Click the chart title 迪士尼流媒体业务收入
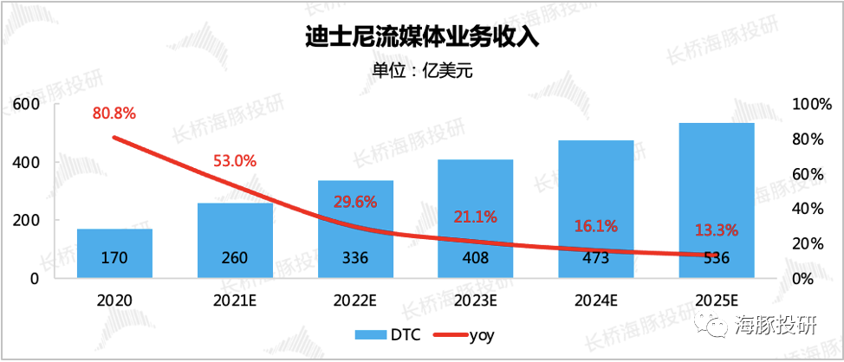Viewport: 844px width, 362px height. (x=422, y=38)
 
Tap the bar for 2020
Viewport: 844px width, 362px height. (x=114, y=253)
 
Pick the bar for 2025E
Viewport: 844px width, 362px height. (x=716, y=200)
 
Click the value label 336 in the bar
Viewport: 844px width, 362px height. (x=355, y=257)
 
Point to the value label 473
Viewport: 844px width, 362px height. (x=595, y=257)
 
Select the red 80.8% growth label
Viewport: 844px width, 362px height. (x=114, y=113)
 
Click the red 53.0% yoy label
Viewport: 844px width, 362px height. (x=235, y=160)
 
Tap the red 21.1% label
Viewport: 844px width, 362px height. (x=475, y=215)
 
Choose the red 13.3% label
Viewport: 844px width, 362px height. (x=716, y=230)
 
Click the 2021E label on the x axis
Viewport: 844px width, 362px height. (x=235, y=301)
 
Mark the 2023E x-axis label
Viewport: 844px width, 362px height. (x=475, y=301)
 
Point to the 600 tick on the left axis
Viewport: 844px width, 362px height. (x=29, y=104)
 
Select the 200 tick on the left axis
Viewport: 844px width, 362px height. (x=29, y=220)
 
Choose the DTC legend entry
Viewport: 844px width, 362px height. (x=387, y=333)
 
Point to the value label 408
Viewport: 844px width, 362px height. (x=475, y=257)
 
